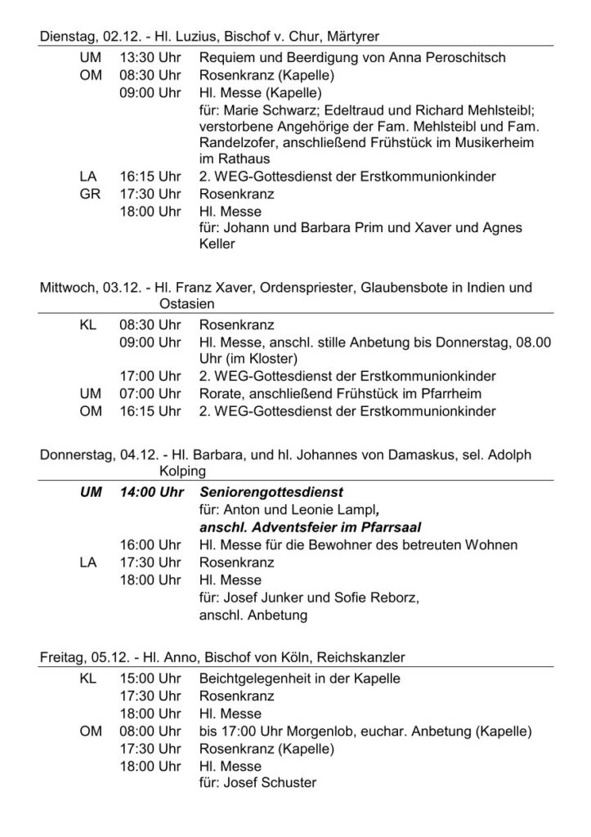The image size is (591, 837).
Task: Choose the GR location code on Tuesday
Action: (90, 195)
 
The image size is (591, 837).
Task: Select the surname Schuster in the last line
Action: (289, 782)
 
